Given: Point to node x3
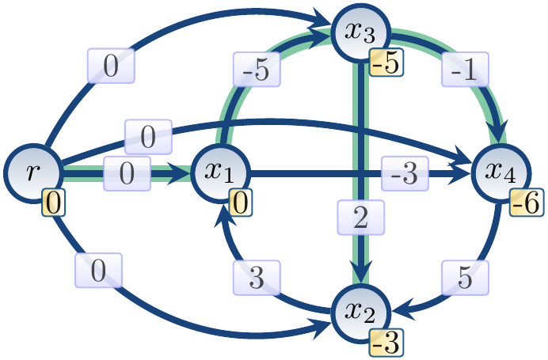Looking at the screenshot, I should (361, 32).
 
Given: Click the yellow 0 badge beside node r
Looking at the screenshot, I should (52, 204).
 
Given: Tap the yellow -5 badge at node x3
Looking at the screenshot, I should (384, 63).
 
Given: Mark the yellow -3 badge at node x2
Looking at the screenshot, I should (384, 343).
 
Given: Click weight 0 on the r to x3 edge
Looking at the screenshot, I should (111, 66).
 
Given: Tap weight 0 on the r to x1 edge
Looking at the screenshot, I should (127, 173).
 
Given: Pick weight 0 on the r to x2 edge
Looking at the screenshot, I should (98, 271).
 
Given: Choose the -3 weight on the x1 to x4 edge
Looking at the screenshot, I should (404, 173).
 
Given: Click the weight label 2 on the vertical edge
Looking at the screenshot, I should (361, 218).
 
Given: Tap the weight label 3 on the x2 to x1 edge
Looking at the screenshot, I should (257, 277).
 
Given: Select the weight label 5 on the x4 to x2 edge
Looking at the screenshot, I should (466, 277).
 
